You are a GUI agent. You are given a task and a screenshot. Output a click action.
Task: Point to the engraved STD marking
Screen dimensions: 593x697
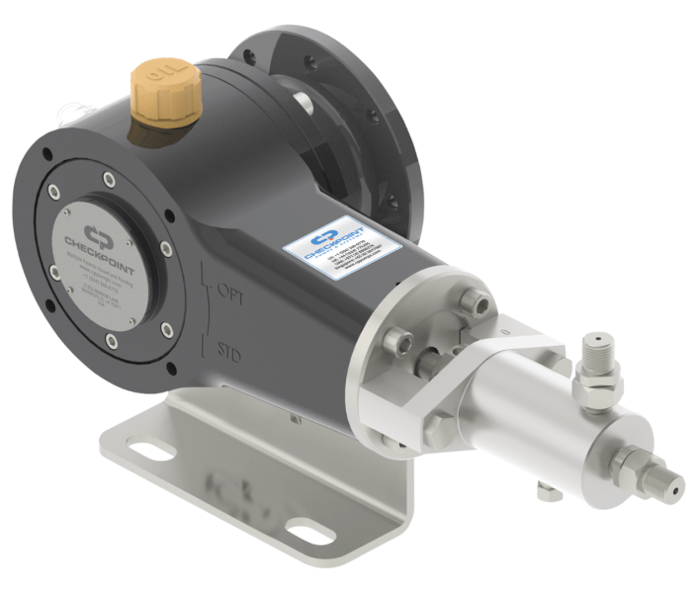[x=229, y=348]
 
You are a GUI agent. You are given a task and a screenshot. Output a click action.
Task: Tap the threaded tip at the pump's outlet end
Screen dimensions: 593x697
[x=670, y=483]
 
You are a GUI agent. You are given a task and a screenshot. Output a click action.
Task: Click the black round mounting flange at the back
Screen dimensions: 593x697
[x=391, y=128]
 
